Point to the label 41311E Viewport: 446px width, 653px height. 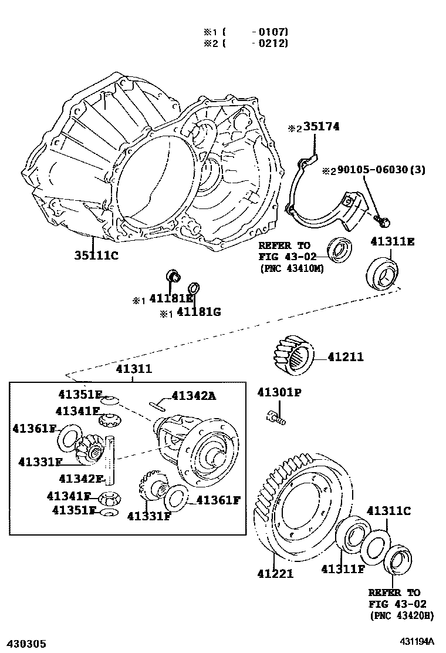tap(393, 241)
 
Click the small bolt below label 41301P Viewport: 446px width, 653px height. tap(275, 418)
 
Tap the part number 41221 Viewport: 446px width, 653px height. tap(274, 573)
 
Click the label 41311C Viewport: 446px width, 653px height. tap(388, 511)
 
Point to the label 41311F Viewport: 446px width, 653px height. tap(343, 568)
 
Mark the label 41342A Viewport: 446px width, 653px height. tap(194, 396)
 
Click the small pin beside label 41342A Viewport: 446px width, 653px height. tap(159, 403)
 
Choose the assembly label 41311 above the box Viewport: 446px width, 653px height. tap(134, 369)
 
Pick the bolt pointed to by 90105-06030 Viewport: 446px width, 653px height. tap(383, 221)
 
